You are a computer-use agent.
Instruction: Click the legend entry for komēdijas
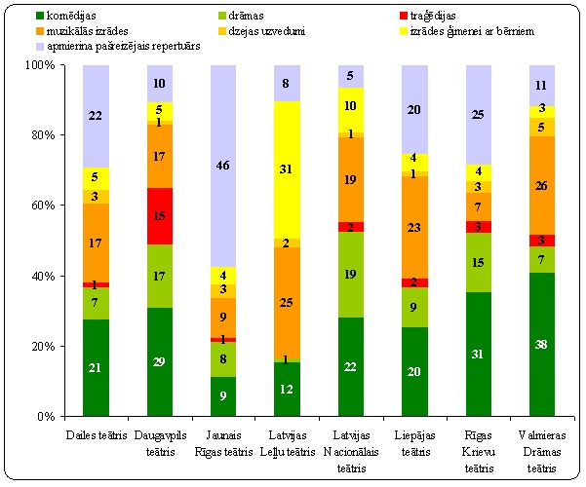coord(68,17)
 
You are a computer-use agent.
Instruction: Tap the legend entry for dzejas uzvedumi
coord(260,30)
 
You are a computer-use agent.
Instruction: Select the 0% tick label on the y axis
coord(49,416)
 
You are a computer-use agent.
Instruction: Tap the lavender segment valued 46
coord(223,167)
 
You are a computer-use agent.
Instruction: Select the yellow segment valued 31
coord(287,169)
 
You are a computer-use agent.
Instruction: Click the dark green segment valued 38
coord(540,344)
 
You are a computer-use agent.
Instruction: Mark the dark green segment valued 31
coord(477,354)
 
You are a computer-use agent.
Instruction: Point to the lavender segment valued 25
coord(477,115)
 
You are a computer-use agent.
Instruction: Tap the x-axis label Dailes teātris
coord(96,431)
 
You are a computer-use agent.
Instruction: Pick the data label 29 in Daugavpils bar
coord(160,362)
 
